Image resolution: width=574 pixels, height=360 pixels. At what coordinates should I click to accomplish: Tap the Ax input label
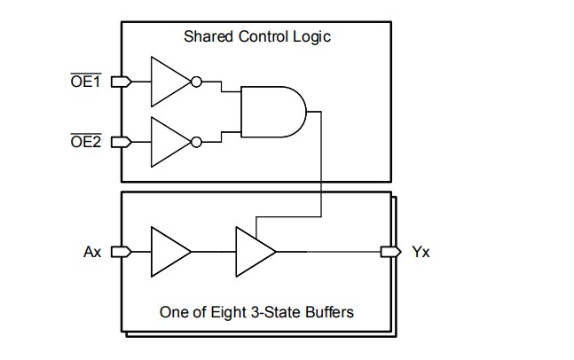[92, 252]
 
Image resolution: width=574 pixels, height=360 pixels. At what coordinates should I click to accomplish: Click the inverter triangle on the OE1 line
[169, 82]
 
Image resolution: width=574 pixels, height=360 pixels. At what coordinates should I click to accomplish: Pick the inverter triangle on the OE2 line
[169, 141]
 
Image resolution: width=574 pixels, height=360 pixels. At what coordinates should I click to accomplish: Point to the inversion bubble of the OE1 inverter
[196, 82]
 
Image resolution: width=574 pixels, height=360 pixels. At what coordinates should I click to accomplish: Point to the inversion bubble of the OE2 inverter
[196, 141]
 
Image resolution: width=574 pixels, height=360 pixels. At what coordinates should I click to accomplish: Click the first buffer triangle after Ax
[169, 252]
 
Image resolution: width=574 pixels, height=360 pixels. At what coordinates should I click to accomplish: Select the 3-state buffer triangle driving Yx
[254, 252]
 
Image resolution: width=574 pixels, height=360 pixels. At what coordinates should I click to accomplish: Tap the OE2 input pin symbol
[124, 141]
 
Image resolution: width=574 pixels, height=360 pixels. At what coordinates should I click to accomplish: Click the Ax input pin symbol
[124, 252]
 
